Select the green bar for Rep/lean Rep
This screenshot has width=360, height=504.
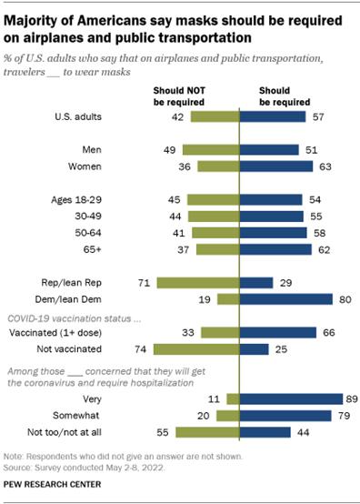[197, 282]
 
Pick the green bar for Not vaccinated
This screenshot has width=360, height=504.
[195, 348]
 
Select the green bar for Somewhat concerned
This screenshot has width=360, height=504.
[227, 414]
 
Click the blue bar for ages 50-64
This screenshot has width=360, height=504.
[275, 232]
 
